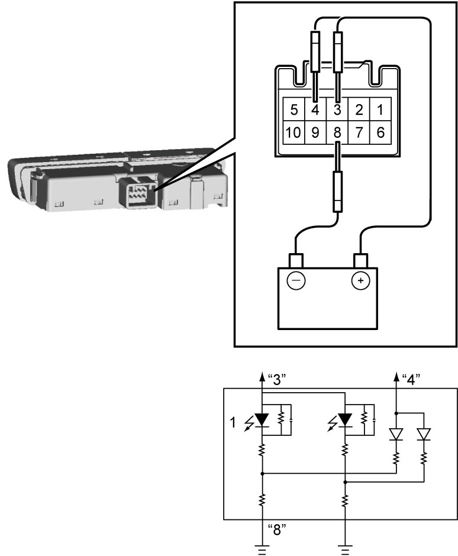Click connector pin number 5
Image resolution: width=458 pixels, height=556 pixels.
(293, 109)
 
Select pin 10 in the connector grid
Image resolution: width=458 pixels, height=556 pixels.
(293, 132)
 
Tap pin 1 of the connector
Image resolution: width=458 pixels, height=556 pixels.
(380, 109)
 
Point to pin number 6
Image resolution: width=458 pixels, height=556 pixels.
(380, 132)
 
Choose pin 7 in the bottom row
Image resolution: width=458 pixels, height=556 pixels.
(359, 132)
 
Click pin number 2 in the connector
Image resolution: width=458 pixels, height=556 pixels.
(359, 109)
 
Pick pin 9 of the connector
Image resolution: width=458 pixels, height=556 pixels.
(315, 132)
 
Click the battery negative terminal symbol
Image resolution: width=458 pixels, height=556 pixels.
(296, 280)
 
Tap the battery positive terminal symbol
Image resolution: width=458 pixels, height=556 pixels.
(360, 280)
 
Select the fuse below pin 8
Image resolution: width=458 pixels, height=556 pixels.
(338, 192)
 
